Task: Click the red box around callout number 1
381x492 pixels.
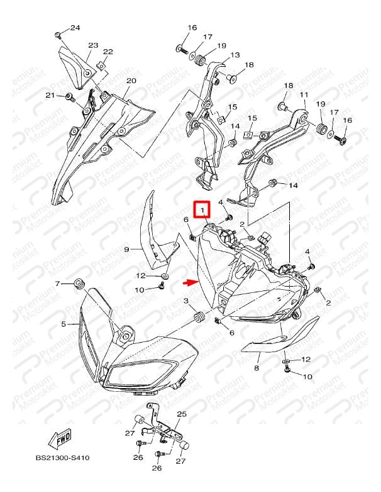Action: pos(203,209)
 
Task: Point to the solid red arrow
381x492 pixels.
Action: pos(190,283)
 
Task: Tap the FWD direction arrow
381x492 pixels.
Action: pos(60,437)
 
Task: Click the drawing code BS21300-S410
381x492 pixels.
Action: pos(63,458)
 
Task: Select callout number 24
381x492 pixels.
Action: pos(75,28)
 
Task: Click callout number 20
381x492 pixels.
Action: pos(131,81)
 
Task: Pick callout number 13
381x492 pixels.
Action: pos(235,55)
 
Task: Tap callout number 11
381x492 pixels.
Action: pos(304,94)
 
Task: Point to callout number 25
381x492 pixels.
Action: pos(182,414)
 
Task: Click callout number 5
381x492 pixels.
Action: pos(63,324)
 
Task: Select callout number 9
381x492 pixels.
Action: pos(126,249)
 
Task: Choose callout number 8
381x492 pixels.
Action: pos(257,368)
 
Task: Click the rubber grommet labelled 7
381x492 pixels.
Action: pos(79,284)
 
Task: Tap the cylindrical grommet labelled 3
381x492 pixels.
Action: pos(200,317)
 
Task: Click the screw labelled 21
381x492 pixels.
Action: pos(70,96)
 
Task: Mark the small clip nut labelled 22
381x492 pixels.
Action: pos(101,66)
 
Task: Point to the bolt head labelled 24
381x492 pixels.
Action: pos(57,35)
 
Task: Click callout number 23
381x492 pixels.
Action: pos(93,45)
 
